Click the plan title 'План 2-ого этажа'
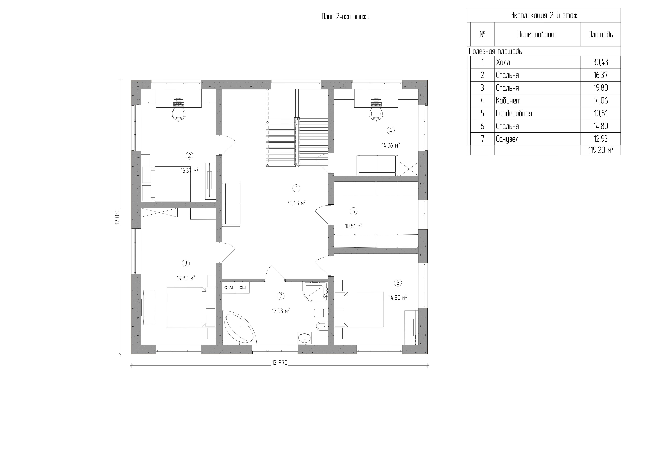345,17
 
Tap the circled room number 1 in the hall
296,188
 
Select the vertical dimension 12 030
118,217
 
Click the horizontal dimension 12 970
280,363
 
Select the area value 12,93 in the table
601,139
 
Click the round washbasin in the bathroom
305,339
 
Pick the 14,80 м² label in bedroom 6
398,298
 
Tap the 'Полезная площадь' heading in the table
495,51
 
